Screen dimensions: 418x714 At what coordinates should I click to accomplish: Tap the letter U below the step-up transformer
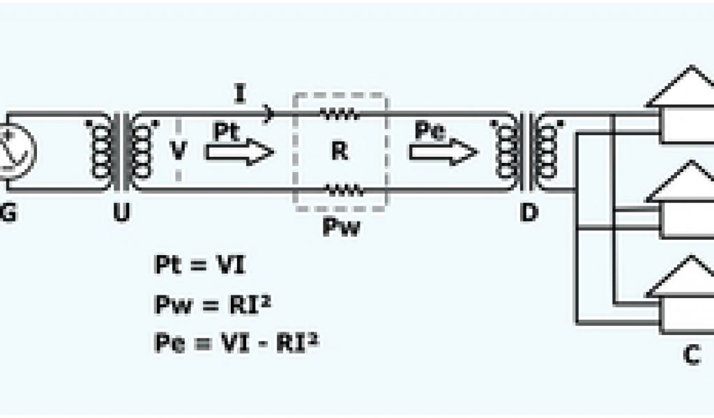click(x=121, y=214)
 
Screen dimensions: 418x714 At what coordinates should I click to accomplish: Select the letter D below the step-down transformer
click(x=530, y=214)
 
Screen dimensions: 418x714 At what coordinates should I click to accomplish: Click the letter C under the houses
click(x=691, y=355)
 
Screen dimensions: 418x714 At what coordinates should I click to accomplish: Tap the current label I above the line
click(x=240, y=94)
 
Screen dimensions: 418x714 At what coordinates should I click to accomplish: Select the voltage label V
click(x=178, y=151)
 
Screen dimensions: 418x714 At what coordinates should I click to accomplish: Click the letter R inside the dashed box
click(x=340, y=151)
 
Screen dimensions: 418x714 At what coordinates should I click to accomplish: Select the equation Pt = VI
click(x=200, y=265)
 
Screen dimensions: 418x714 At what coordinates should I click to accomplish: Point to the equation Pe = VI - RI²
click(x=236, y=343)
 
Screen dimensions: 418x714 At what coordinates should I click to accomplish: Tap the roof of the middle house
click(x=680, y=183)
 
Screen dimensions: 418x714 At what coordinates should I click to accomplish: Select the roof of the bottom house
click(x=680, y=277)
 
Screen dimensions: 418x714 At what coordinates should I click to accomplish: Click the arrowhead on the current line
click(x=268, y=112)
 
